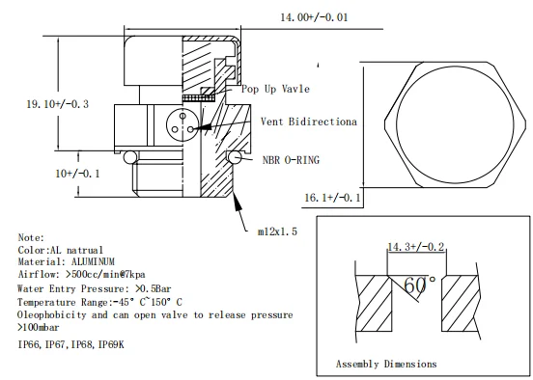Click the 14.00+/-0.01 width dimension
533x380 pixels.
coord(314,17)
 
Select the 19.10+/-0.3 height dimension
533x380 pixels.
coord(58,104)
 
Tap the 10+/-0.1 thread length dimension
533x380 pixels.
coord(77,174)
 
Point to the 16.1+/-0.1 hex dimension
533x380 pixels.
coord(332,198)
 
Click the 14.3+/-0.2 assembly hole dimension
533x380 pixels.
coord(416,247)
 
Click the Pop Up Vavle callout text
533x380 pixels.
coord(276,89)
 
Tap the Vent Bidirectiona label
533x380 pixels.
coord(309,122)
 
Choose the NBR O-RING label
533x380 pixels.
coord(291,160)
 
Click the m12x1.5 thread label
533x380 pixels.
coord(277,231)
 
